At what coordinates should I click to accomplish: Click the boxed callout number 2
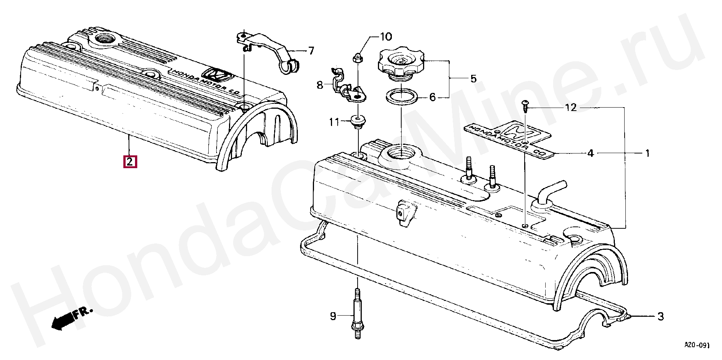129,162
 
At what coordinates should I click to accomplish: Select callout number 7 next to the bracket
311,51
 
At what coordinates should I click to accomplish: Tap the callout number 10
385,37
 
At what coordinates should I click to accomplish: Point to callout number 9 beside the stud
333,316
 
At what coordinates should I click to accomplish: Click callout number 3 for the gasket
660,317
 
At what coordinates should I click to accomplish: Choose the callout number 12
570,108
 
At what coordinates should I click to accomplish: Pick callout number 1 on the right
648,153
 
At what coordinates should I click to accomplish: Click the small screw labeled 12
525,108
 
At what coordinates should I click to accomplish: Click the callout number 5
473,79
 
